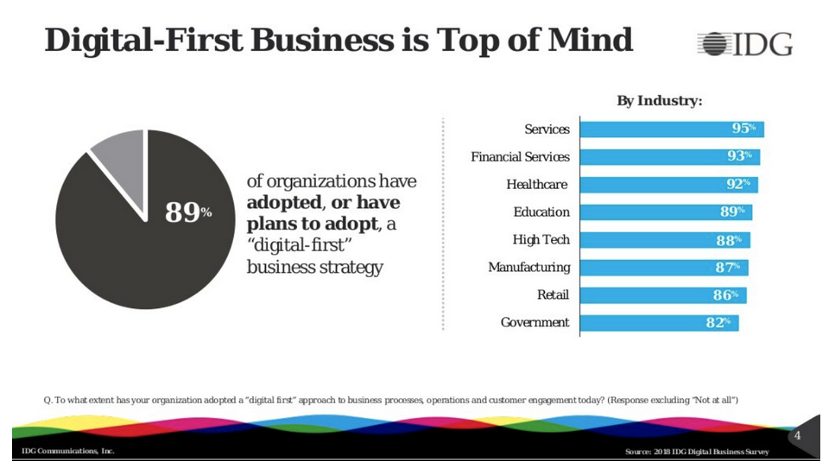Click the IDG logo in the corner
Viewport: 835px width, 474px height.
744,43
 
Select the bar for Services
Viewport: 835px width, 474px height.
671,129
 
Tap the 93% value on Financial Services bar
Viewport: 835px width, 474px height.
739,156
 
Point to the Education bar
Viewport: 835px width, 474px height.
666,212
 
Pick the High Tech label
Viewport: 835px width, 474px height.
541,239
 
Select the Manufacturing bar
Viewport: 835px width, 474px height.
663,267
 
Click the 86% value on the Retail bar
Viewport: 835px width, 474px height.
725,294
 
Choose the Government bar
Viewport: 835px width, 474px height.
658,322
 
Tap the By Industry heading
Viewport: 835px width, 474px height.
659,101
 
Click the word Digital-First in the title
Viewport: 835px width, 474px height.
140,41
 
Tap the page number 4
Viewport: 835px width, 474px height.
797,436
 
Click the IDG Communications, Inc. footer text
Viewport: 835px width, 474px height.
68,452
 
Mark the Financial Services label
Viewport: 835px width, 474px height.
520,156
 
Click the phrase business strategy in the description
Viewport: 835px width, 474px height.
314,267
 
